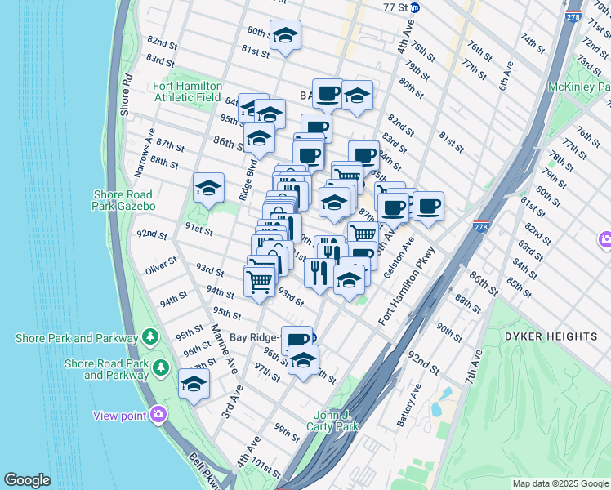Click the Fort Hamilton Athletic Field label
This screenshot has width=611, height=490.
pos(188,91)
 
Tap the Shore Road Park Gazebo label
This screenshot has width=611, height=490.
pos(122,200)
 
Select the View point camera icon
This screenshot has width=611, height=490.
pos(158,415)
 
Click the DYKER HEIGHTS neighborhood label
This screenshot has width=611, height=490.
pos(551,336)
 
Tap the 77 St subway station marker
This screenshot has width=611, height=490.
pos(415,7)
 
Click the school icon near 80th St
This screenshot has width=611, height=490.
pos(285,35)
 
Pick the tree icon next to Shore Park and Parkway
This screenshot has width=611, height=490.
pos(149,337)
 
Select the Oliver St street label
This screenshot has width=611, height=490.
pos(161,266)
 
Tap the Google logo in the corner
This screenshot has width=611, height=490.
pos(27,480)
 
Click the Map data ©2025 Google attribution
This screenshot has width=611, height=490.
pos(560,483)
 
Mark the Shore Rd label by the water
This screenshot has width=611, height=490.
pos(127,96)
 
